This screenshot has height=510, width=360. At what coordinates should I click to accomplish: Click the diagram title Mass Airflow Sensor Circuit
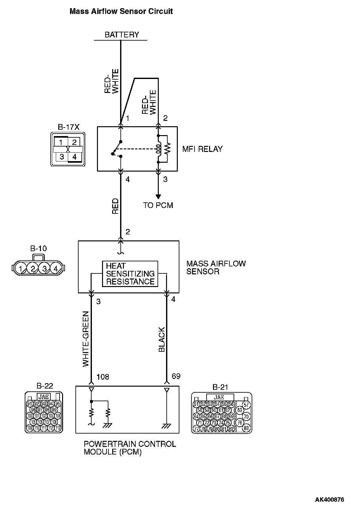click(121, 11)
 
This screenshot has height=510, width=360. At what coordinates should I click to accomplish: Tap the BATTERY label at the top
click(122, 35)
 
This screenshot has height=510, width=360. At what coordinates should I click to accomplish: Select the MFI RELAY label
click(202, 149)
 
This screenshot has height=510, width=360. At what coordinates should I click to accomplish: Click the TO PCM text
click(158, 205)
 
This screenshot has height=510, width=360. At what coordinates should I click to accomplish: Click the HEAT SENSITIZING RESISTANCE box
click(130, 274)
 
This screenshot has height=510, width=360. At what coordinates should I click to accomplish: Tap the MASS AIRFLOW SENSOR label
click(216, 267)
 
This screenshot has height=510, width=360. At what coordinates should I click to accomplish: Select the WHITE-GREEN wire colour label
click(86, 340)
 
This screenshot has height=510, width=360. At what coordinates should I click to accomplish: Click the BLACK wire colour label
click(162, 339)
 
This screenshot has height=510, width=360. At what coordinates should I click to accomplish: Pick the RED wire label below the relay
click(115, 206)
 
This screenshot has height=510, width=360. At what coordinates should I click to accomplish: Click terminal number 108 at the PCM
click(103, 376)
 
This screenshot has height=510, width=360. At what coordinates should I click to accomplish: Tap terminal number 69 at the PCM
click(176, 376)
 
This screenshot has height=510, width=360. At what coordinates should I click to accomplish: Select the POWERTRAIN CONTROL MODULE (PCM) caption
click(130, 448)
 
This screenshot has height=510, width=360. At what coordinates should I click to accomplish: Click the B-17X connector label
click(68, 127)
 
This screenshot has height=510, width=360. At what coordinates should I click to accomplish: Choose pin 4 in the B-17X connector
click(74, 157)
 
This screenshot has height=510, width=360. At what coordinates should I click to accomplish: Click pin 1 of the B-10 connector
click(21, 269)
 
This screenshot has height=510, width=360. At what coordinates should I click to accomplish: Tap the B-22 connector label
click(45, 386)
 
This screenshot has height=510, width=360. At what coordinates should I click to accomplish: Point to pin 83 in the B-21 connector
click(246, 428)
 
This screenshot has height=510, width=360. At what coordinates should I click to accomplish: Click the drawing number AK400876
click(329, 500)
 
